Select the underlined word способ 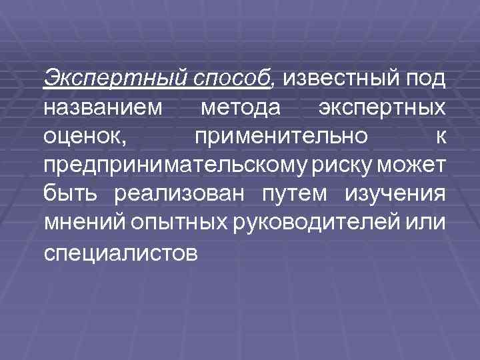(x=234, y=79)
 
